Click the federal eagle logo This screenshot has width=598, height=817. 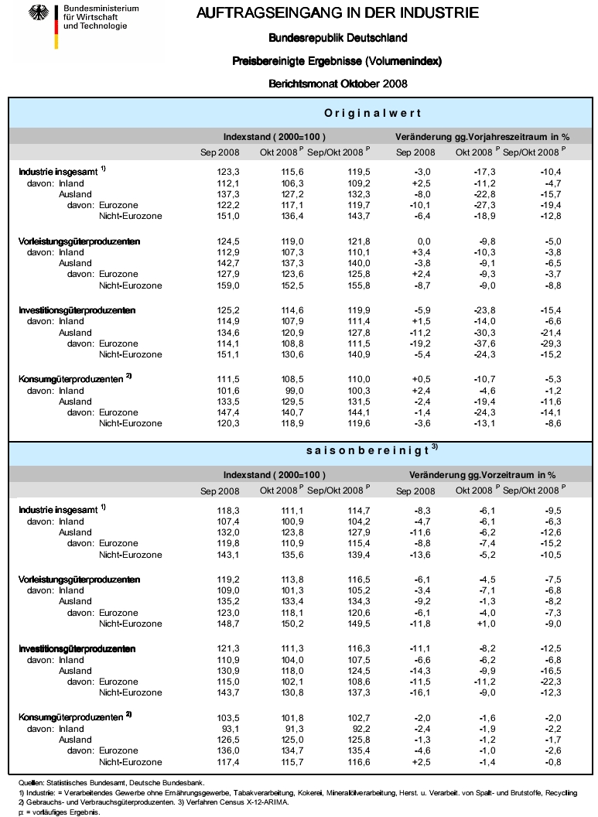pyautogui.click(x=36, y=14)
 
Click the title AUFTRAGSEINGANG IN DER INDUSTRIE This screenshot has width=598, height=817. pyautogui.click(x=337, y=13)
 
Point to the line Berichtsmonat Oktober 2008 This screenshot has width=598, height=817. pyautogui.click(x=337, y=84)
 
